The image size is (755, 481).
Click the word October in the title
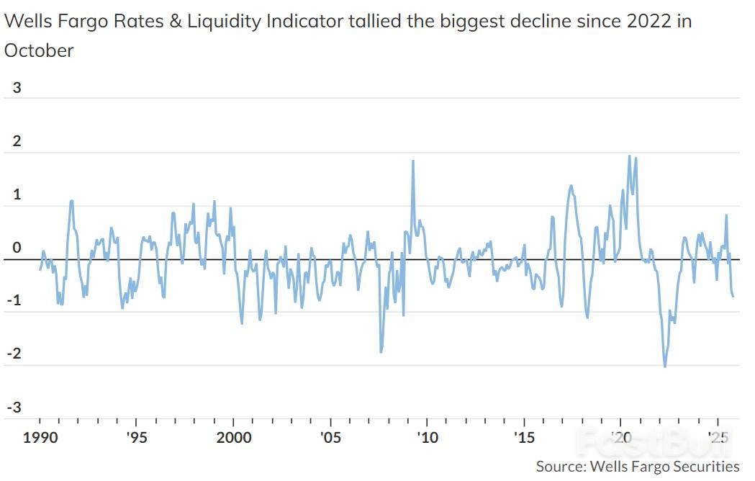[39, 50]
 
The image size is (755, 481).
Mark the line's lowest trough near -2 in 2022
[664, 367]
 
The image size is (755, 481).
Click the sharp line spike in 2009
[413, 161]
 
